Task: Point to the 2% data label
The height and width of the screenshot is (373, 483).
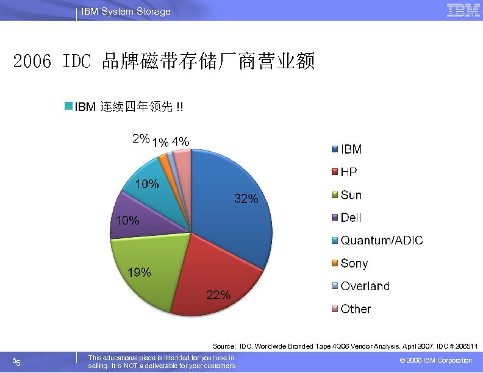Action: point(141,138)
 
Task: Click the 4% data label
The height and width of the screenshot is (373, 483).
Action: point(181,141)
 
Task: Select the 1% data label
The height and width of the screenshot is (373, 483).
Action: point(160,143)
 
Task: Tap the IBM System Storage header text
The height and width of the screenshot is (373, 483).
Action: point(126,12)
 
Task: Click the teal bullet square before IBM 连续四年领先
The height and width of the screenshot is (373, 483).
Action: point(69,107)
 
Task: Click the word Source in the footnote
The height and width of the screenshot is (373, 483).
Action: point(224,346)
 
